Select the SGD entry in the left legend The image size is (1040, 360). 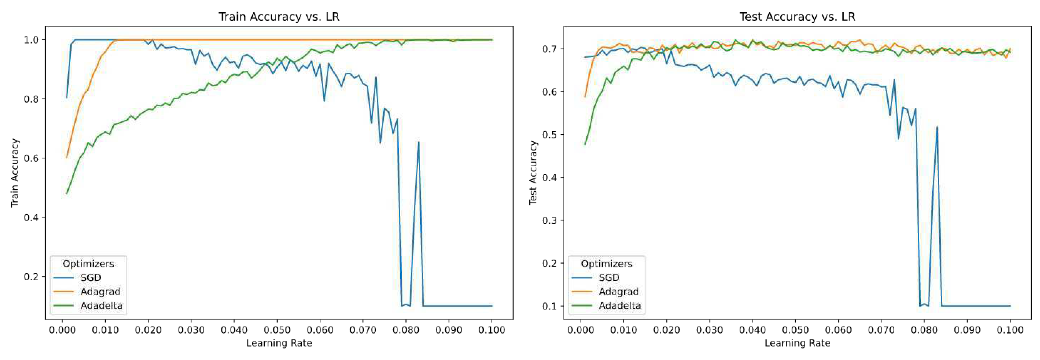coord(90,278)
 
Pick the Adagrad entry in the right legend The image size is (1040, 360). coord(618,291)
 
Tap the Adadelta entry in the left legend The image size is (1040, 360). coord(101,306)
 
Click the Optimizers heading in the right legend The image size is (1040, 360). coord(606,263)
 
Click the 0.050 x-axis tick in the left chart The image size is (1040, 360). coord(277,330)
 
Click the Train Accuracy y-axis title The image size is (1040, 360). coord(15,173)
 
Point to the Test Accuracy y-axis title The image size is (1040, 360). coord(533,173)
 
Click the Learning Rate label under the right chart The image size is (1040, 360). coord(797,343)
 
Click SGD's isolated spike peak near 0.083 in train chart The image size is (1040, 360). coord(419,142)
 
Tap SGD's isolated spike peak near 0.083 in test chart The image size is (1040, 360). coord(937,127)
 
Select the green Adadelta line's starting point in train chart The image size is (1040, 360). coord(67,194)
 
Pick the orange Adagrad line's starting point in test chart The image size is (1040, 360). coord(585,97)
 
